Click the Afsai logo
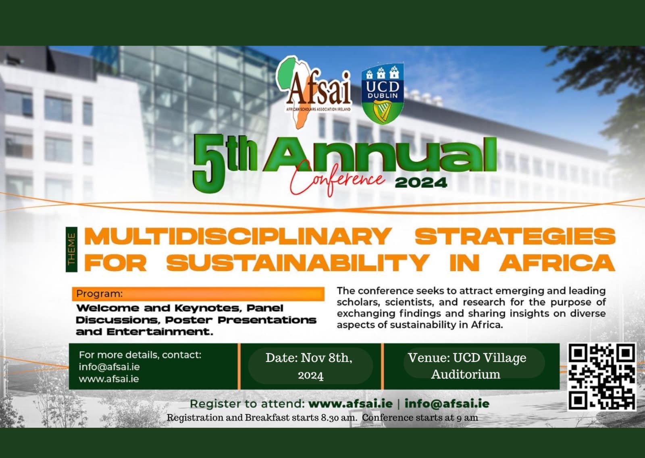(x=314, y=92)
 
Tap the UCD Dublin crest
(x=383, y=93)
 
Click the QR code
(x=601, y=376)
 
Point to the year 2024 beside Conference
(x=421, y=183)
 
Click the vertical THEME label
(x=71, y=249)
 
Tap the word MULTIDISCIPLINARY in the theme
(x=238, y=236)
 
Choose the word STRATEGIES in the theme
(x=515, y=236)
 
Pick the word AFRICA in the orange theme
(x=558, y=263)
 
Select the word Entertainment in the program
(x=160, y=332)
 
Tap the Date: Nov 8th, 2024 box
(x=310, y=366)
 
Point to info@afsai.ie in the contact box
(x=109, y=367)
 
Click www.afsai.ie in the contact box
(x=108, y=379)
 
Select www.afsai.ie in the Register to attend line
(x=350, y=404)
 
